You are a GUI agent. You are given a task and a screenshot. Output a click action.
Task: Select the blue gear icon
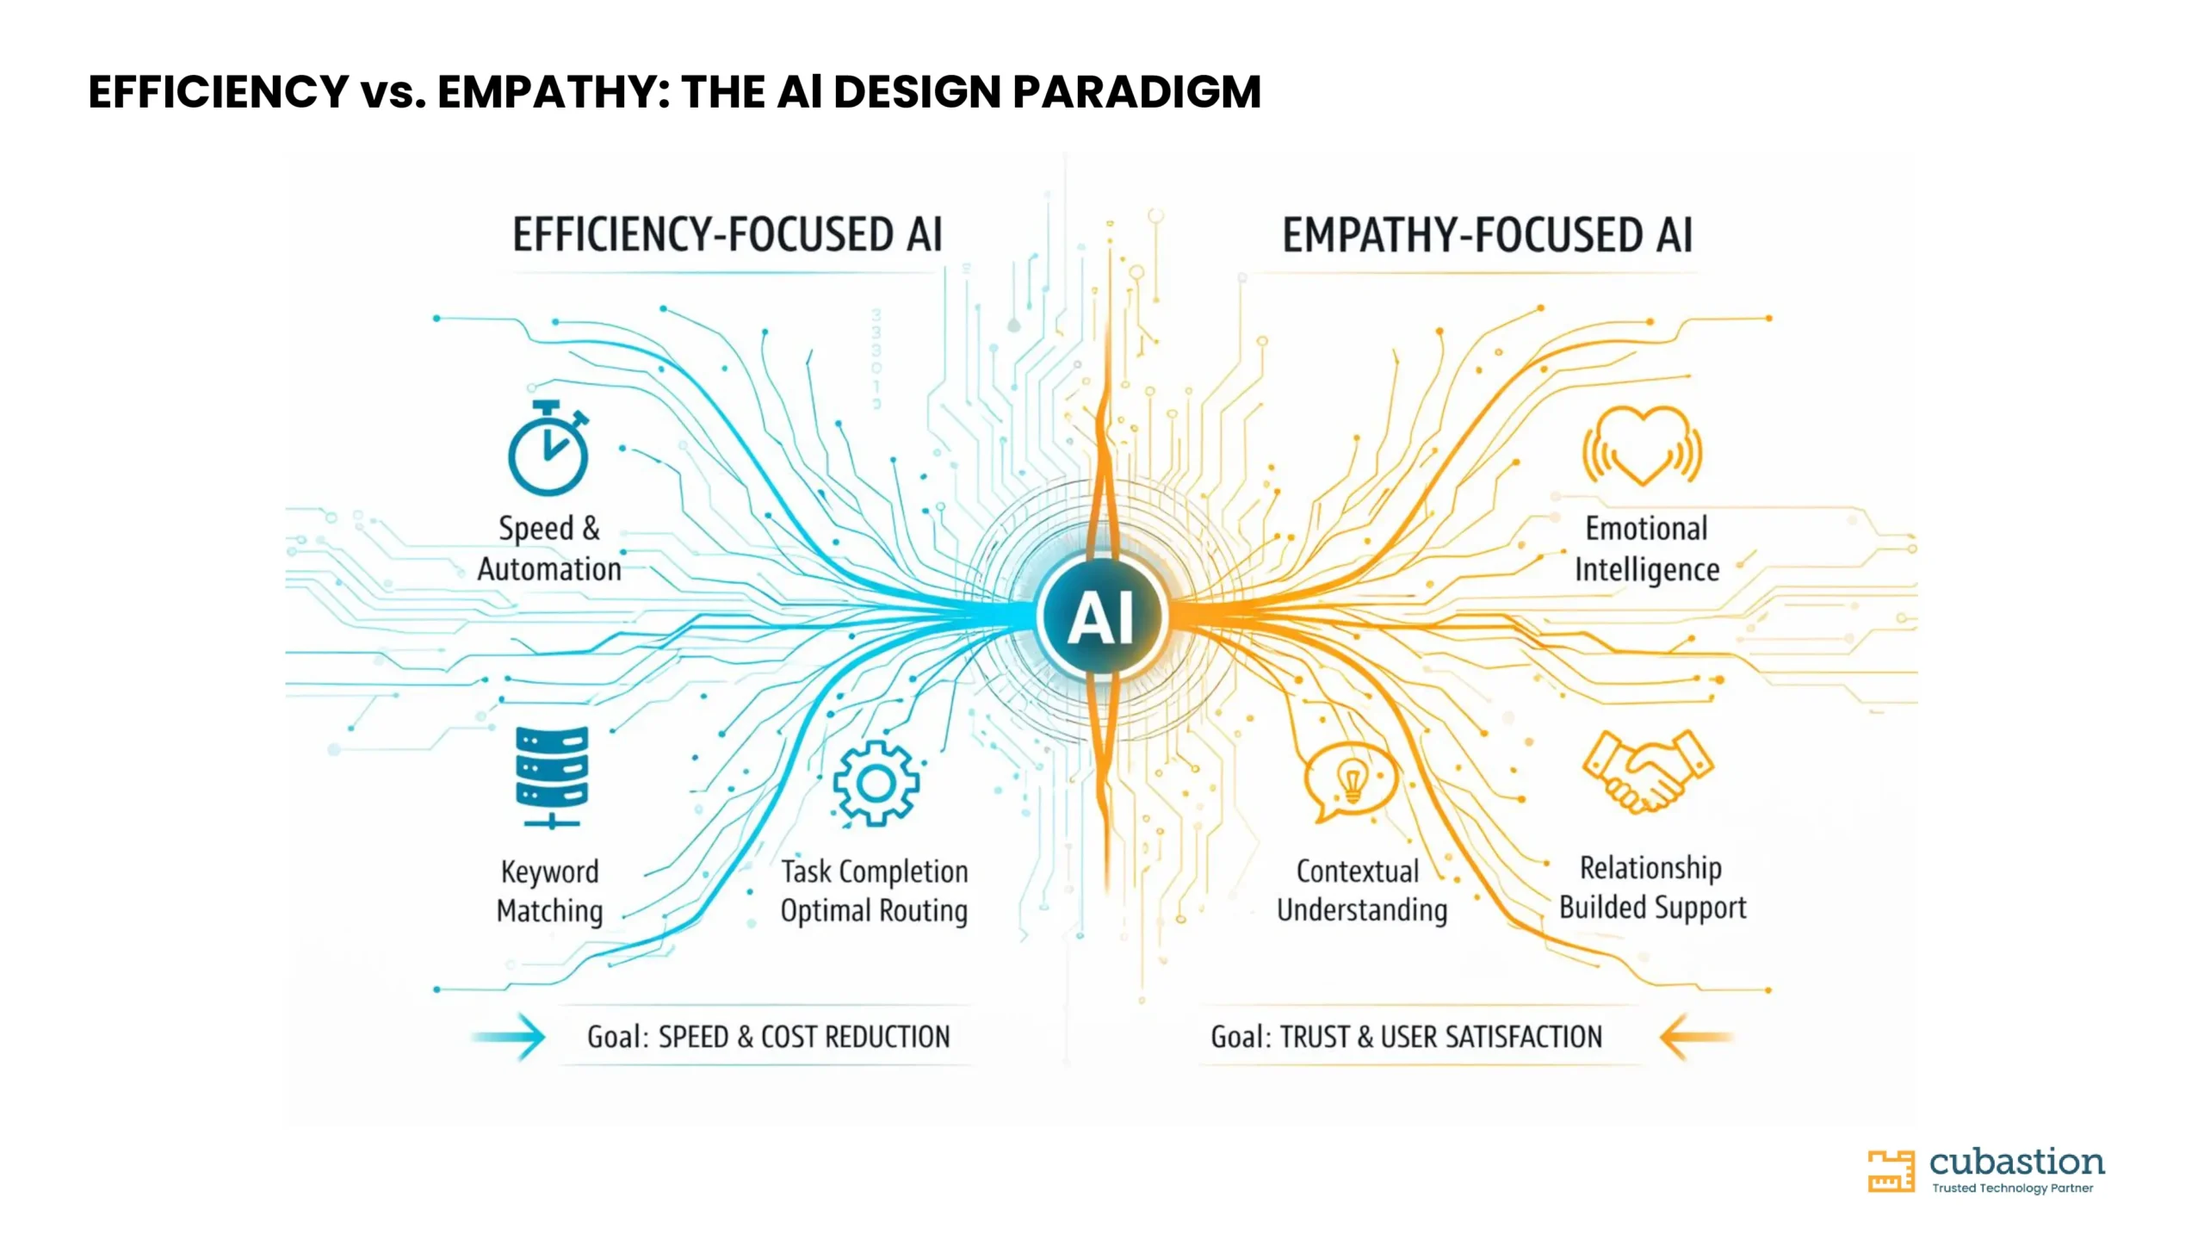pos(876,784)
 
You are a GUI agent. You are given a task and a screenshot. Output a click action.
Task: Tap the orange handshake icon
pos(1648,772)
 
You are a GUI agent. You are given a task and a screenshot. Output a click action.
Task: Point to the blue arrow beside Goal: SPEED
pos(509,1037)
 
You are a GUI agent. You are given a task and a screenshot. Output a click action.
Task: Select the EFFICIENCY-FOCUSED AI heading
pos(727,234)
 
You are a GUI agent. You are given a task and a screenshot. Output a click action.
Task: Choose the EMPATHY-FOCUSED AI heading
pos(1488,234)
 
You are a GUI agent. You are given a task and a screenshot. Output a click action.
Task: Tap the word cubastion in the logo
pos(2016,1162)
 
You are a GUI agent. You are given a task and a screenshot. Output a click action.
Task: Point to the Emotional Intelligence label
pos(1647,549)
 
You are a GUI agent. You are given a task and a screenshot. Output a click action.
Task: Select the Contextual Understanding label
pos(1361,890)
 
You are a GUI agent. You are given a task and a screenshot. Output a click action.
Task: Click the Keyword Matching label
pos(549,890)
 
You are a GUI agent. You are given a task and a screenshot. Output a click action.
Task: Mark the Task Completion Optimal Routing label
pos(874,890)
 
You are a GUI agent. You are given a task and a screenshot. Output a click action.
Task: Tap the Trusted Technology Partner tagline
pos(2012,1188)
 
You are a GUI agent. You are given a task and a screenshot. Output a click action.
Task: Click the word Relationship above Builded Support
pos(1650,868)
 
